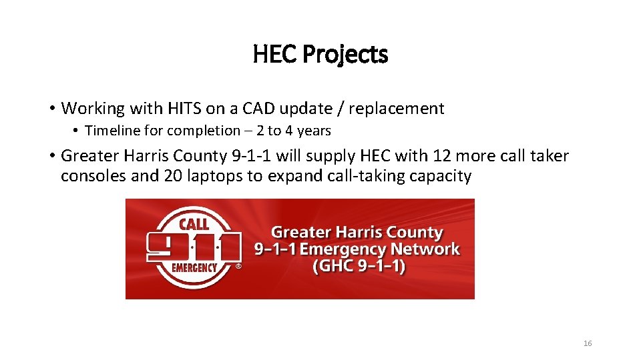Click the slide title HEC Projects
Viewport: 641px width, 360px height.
[320, 55]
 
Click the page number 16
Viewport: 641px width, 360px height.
[588, 343]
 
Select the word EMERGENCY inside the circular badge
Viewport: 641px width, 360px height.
[194, 268]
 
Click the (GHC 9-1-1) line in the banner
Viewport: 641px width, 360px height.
[359, 267]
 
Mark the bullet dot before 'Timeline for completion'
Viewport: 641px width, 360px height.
[77, 131]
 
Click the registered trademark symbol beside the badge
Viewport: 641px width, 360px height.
[238, 265]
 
